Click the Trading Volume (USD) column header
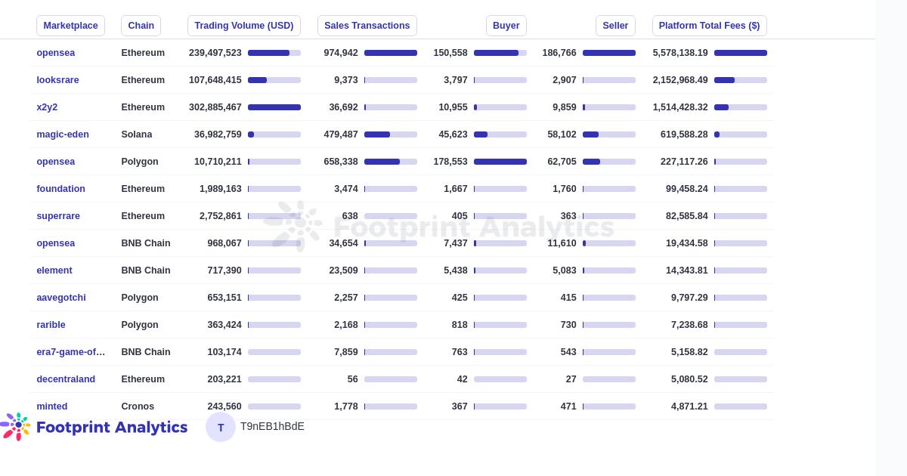pos(243,26)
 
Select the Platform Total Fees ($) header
pos(709,26)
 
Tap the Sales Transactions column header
pos(367,26)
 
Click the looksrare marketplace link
pos(57,80)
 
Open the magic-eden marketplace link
pos(63,134)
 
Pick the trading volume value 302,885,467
pos(215,107)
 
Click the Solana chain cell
pos(137,134)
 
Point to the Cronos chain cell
pos(138,406)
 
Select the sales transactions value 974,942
pos(341,53)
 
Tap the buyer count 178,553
pos(450,162)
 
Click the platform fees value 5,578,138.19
pos(680,53)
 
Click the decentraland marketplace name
pos(66,379)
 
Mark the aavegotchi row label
pos(61,298)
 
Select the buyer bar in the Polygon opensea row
pos(500,162)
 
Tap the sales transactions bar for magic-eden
pos(390,134)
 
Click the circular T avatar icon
pos(221,427)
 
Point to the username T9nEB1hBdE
pos(272,427)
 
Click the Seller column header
pos(615,26)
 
